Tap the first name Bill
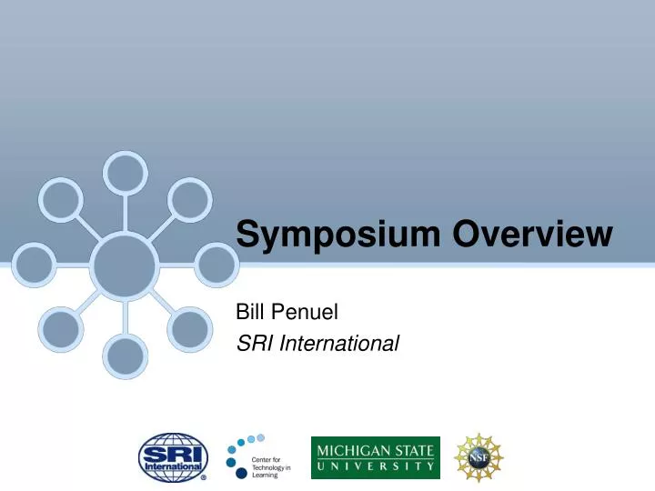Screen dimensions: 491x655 click(249, 315)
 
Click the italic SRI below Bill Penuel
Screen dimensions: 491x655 click(252, 344)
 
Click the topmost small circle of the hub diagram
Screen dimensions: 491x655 click(125, 171)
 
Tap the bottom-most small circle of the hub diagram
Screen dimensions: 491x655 click(125, 356)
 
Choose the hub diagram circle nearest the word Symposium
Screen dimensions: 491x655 click(217, 265)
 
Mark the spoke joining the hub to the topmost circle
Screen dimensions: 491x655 click(125, 214)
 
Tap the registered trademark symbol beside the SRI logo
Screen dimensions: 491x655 click(203, 476)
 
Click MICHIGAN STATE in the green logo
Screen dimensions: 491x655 click(375, 449)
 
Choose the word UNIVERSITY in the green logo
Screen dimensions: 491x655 click(375, 466)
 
